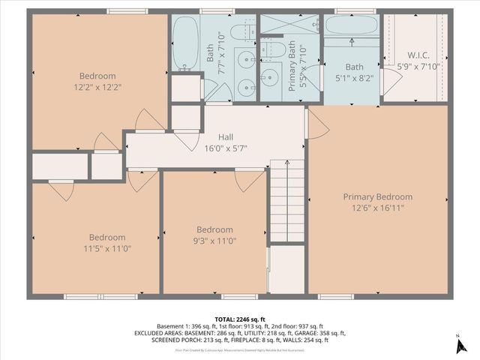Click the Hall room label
[226, 137]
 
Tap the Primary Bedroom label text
[378, 196]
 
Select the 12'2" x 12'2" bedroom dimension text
[98, 88]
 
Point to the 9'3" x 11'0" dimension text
[214, 241]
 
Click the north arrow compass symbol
[458, 346]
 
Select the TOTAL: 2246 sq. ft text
[240, 319]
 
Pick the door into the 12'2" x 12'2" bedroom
[148, 120]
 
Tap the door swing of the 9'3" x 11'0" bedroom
[248, 180]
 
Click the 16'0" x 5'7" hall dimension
[226, 148]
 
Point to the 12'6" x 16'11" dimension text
[378, 208]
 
